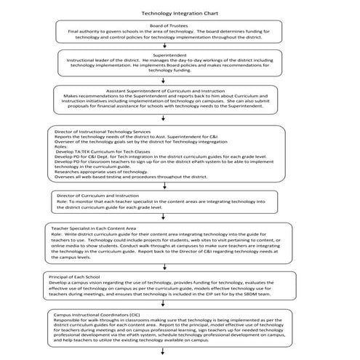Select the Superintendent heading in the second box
[169, 55]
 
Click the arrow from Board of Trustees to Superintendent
[164, 45]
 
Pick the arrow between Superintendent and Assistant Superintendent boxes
[164, 79]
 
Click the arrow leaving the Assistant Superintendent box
[164, 117]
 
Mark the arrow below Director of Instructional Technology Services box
[164, 183]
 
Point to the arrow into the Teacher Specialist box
[164, 217]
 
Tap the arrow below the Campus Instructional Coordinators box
[164, 351]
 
